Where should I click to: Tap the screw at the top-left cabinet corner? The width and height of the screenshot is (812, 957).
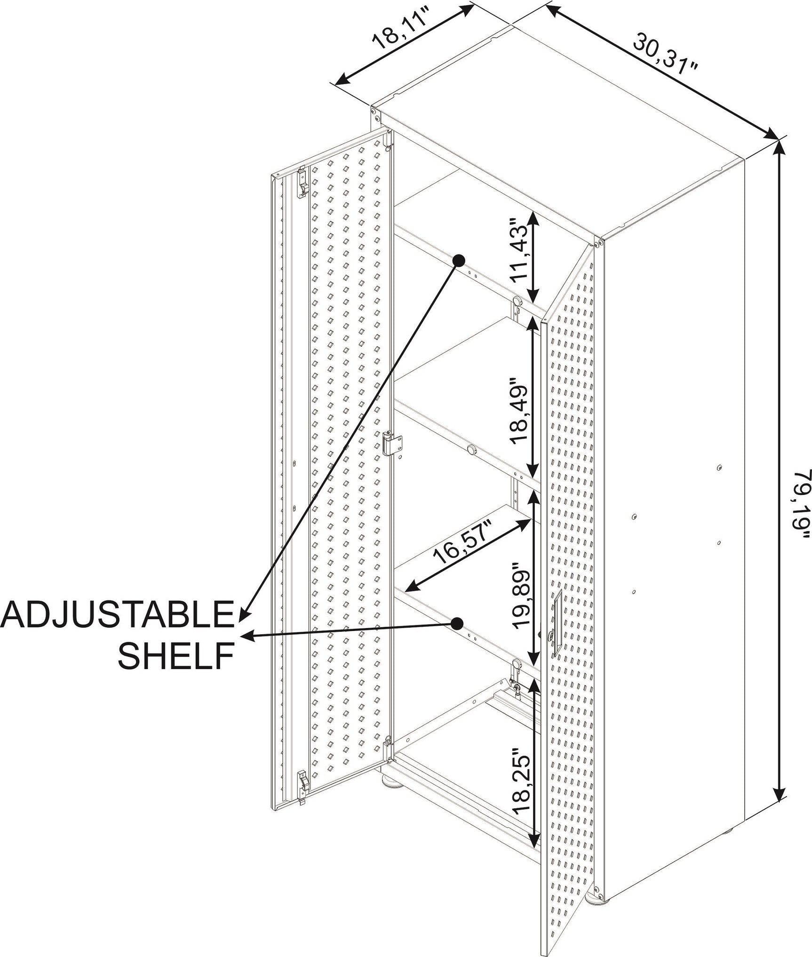tap(374, 112)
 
